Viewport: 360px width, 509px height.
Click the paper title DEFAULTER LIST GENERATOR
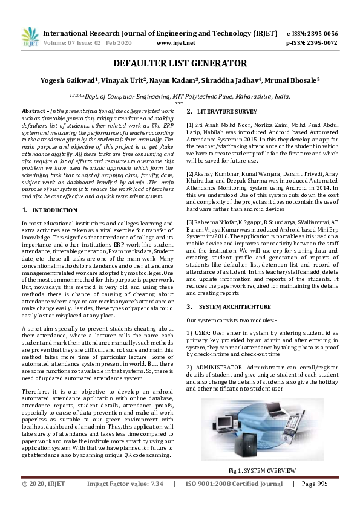180,63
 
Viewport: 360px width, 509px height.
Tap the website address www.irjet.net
175,44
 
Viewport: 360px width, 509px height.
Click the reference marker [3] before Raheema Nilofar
190,223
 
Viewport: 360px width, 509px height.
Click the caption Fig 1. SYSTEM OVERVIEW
262,470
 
